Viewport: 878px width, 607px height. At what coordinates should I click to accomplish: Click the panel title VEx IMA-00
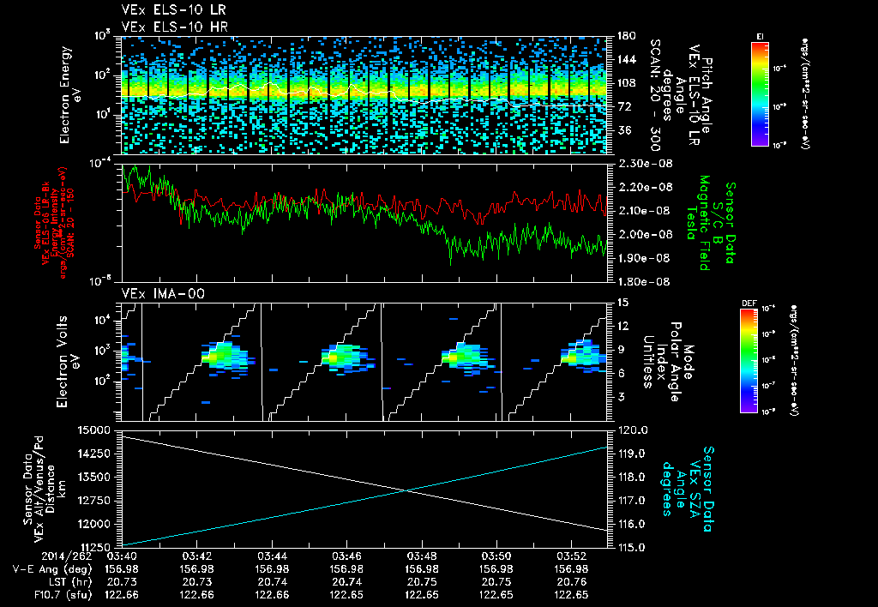point(152,293)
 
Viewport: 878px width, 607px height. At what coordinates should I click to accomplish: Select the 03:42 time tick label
point(197,556)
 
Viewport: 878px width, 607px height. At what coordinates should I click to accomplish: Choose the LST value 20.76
point(572,581)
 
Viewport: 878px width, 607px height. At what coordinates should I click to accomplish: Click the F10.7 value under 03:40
point(122,594)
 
